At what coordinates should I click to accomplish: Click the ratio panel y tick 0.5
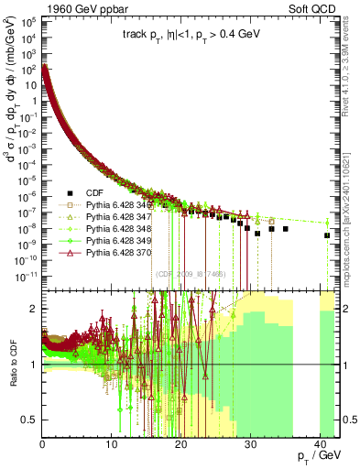pyautogui.click(x=32, y=420)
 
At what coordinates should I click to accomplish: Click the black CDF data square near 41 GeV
pyautogui.click(x=327, y=235)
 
